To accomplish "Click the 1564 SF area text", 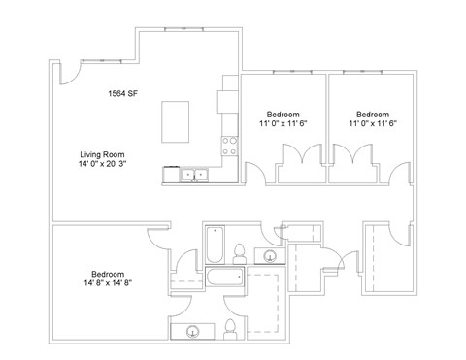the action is pos(122,93).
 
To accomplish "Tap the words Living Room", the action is pos(102,154).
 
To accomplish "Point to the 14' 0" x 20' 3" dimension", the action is pos(102,164).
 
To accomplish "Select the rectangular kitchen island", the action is pos(176,121).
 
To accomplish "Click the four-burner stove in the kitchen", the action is pos(229,147).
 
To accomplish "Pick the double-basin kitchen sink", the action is pos(194,175).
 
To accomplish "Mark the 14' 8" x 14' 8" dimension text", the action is pos(108,283).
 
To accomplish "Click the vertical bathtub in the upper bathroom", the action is pos(215,245).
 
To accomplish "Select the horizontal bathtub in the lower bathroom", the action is pos(225,277).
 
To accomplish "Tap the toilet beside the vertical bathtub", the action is pos(240,254).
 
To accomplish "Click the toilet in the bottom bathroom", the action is pos(230,329).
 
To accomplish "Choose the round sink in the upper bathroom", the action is pos(270,256).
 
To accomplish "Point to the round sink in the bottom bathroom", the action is pos(193,332).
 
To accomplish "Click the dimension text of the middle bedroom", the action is pos(283,123).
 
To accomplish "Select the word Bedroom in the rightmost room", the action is pos(373,115).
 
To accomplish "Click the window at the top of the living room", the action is pos(184,29).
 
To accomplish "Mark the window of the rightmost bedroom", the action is pos(362,72).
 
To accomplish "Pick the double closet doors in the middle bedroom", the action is pos(303,152).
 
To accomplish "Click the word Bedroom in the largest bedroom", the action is pos(108,274).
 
